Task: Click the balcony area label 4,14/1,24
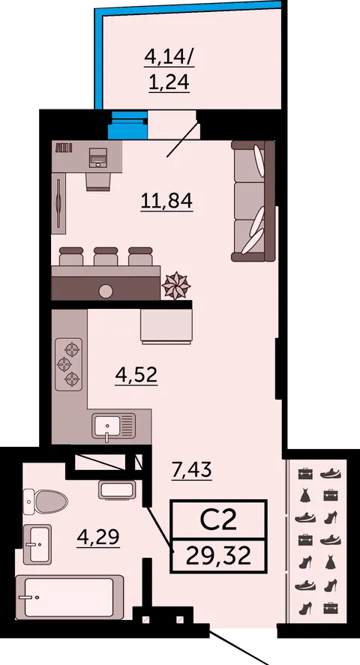click(169, 69)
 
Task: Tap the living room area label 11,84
click(166, 201)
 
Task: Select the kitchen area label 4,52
click(136, 375)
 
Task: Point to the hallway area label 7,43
click(192, 470)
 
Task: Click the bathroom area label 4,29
click(98, 538)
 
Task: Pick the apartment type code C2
click(218, 520)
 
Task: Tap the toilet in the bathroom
click(45, 502)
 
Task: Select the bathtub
click(70, 597)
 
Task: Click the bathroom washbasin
click(37, 544)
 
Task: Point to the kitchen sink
click(114, 427)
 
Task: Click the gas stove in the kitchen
click(69, 364)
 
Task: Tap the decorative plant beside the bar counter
click(176, 285)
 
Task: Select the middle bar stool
click(106, 256)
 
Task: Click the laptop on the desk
click(99, 157)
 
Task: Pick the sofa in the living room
click(253, 201)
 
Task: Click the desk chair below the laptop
click(99, 181)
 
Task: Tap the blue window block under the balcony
click(127, 125)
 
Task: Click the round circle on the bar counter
click(106, 292)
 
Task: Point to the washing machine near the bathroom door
click(117, 490)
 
